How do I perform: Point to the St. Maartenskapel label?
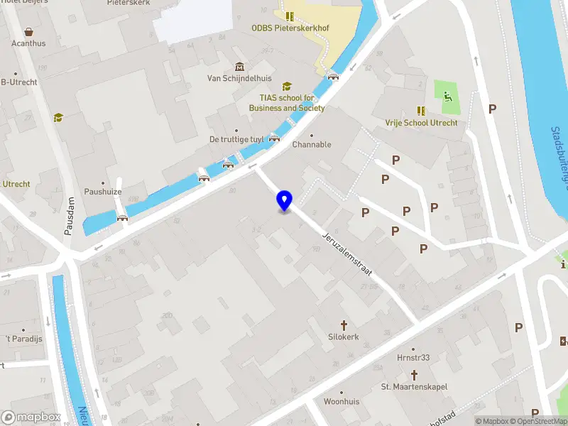(x=415, y=387)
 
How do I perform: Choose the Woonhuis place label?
(x=342, y=402)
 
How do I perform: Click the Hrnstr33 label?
(x=414, y=358)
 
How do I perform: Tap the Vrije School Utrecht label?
(x=421, y=123)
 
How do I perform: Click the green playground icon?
(x=447, y=97)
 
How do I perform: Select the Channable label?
(x=312, y=145)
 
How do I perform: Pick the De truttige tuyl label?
(x=236, y=139)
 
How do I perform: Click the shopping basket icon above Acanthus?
(x=29, y=32)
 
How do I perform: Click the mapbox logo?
(x=31, y=417)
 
